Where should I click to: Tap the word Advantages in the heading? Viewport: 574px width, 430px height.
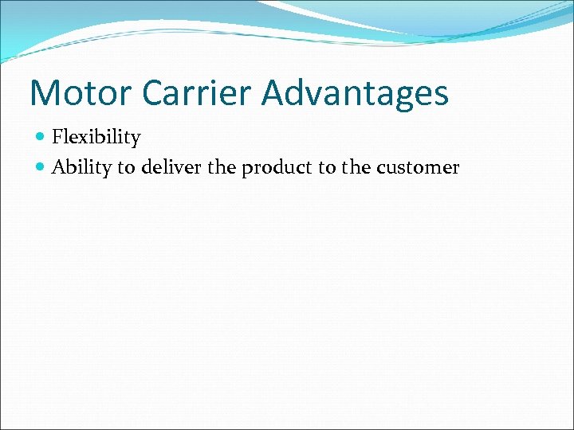click(356, 93)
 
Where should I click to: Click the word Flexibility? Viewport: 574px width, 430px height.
click(96, 138)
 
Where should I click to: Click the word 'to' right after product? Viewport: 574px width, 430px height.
click(324, 167)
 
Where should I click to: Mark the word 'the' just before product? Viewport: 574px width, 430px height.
click(221, 167)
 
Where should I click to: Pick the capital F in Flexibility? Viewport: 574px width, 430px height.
click(57, 138)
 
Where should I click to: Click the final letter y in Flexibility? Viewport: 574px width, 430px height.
click(136, 140)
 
